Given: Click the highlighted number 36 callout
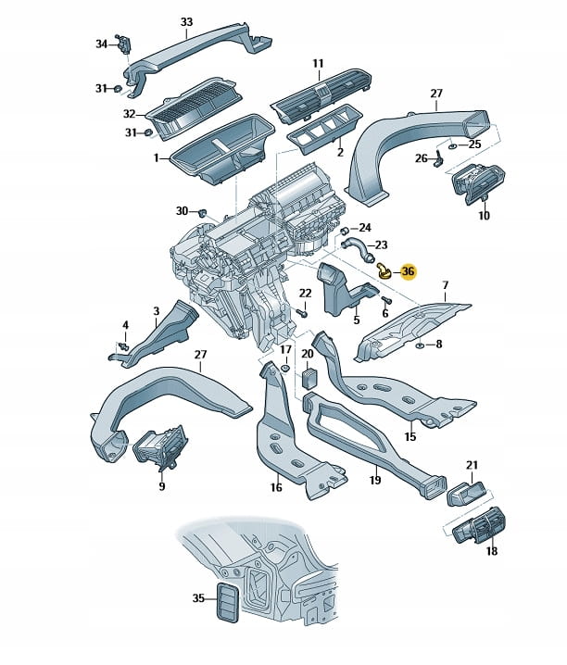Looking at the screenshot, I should tap(408, 272).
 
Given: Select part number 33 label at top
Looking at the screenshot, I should tap(186, 21).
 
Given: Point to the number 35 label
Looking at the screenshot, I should tap(198, 598).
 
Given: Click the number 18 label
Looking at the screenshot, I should tap(491, 551).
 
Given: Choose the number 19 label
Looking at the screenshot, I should tap(375, 479).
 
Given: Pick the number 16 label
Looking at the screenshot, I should tap(275, 486).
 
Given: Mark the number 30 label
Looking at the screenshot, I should tap(182, 211).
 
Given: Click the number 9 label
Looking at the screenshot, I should tap(161, 485).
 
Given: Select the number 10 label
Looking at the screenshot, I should tap(483, 216).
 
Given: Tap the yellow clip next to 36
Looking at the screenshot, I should tap(383, 270).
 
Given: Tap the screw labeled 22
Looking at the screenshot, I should tap(303, 313).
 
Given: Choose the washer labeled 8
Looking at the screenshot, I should tap(420, 345).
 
